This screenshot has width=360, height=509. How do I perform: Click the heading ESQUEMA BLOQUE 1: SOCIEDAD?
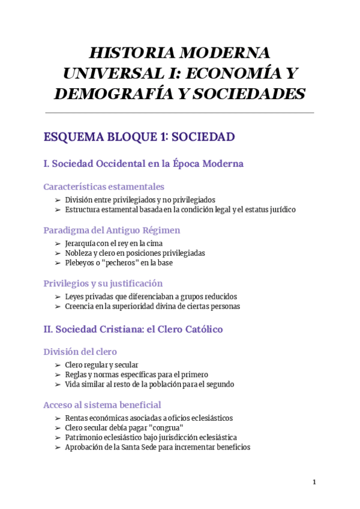pos(139,137)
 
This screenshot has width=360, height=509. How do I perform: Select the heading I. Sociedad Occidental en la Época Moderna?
pos(143,164)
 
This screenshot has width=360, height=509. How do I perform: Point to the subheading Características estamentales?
pos(104,187)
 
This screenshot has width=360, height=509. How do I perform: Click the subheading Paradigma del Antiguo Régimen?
pos(112,230)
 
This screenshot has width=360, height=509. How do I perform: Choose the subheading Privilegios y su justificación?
pos(103,283)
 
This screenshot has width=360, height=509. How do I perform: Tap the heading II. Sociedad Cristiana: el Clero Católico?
pos(133,329)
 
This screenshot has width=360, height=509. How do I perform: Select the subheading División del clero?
pos(80,352)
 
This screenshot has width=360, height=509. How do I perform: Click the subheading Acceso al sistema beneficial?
pos(102,405)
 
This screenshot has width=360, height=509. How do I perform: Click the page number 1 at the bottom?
pos(314,482)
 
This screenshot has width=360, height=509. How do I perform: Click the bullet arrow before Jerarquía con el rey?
pos(57,244)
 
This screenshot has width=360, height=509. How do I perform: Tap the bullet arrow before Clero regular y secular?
pos(57,365)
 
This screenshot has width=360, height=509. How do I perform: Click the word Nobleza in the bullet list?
pos(79,253)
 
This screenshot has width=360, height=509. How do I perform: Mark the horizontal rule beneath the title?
pos(179,112)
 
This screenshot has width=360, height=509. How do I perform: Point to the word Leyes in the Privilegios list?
pos(74,297)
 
